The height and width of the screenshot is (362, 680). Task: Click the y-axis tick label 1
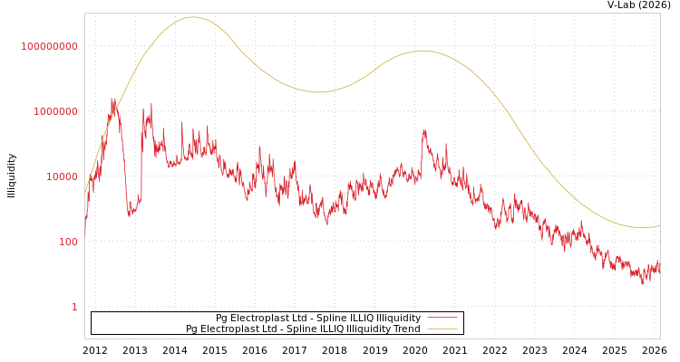[x=74, y=308]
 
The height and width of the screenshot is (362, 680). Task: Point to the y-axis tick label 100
[x=69, y=243]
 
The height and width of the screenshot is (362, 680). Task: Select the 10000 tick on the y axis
[x=63, y=177]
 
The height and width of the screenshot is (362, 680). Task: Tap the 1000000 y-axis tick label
[x=56, y=112]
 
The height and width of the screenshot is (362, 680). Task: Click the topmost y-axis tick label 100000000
[x=50, y=47]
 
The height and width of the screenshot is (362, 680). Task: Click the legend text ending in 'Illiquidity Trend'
[x=303, y=329]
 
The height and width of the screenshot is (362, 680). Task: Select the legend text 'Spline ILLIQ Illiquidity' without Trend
[x=317, y=319]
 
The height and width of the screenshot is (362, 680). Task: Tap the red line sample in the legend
[x=442, y=319]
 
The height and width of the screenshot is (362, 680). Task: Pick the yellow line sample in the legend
[x=442, y=329]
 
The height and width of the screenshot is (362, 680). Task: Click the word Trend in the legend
[x=406, y=329]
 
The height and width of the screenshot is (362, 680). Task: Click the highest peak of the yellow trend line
[x=193, y=17]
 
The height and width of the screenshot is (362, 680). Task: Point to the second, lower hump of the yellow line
[x=423, y=51]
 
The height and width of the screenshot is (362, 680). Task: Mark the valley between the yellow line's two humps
[x=317, y=91]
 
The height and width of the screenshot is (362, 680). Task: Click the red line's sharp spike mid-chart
[x=424, y=132]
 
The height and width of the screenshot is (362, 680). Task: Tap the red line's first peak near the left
[x=113, y=101]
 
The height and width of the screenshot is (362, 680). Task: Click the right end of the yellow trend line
[x=659, y=225]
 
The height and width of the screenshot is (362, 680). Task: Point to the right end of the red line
[x=659, y=268]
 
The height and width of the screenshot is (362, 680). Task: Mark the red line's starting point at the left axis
[x=85, y=230]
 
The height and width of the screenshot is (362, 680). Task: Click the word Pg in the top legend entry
[x=220, y=319]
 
